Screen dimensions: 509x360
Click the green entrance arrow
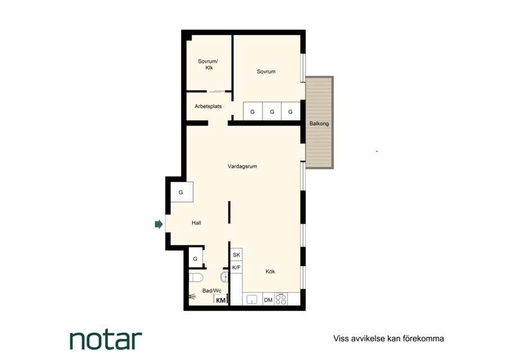point(159,224)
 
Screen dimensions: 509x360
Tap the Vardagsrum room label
point(242,166)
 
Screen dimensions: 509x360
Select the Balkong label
point(319,124)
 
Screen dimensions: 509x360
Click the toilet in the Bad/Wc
point(196,278)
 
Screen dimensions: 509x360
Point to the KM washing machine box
point(220,300)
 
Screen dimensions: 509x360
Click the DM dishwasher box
point(268,300)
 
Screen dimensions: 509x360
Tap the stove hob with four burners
point(281,299)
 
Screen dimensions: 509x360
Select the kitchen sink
point(252,299)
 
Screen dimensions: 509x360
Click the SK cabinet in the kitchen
point(236,255)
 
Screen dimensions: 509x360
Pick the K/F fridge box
point(236,268)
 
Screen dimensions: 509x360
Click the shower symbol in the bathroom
point(192,296)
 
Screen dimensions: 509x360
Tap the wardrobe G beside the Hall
point(182,192)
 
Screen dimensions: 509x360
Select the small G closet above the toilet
point(195,259)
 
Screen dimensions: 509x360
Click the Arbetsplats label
point(208,106)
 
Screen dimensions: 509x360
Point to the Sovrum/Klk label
point(208,64)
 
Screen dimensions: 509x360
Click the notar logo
point(106,340)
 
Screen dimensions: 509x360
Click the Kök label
point(270,271)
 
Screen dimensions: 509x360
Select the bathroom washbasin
point(224,277)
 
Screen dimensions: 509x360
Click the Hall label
point(196,223)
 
